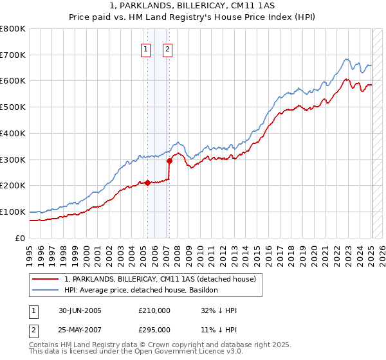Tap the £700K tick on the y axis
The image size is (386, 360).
click(13, 55)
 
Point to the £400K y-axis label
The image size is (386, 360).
click(13, 134)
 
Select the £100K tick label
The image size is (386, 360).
click(13, 212)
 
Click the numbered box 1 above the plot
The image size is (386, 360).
click(146, 50)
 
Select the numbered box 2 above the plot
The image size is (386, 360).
click(167, 50)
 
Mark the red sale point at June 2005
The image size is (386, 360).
click(148, 183)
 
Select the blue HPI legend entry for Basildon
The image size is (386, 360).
click(141, 291)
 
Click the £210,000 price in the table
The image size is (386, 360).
click(154, 310)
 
